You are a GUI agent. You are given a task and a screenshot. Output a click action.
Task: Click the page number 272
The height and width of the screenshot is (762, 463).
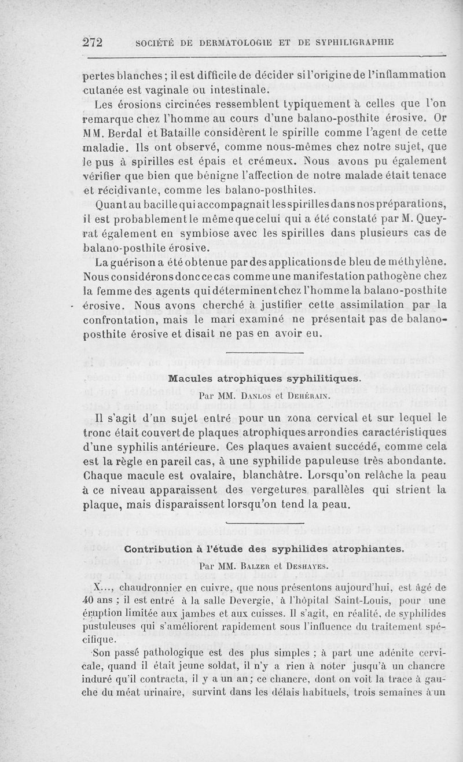tap(93, 42)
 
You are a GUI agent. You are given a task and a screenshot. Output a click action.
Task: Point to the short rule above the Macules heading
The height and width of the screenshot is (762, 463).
tap(264, 353)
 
